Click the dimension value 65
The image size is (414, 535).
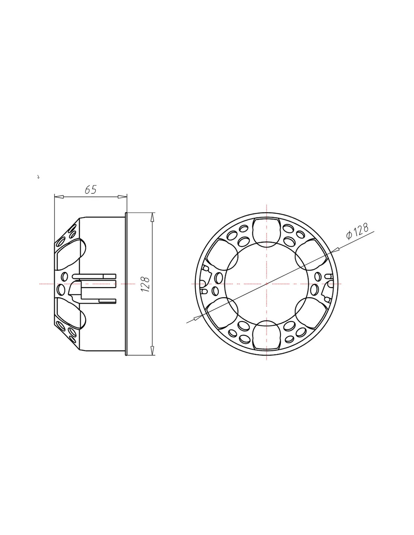(91, 190)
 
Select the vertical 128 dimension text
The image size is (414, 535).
(146, 284)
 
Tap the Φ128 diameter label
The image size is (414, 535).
(358, 231)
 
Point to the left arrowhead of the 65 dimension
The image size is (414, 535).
(59, 197)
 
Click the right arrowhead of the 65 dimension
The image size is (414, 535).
(122, 197)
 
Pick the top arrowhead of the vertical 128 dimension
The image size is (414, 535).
(152, 217)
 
